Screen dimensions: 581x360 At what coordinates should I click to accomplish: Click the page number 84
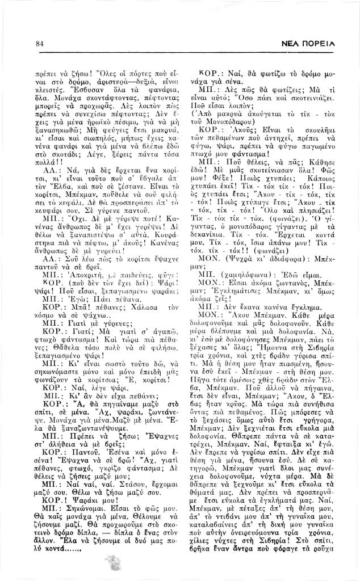coord(39,43)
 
